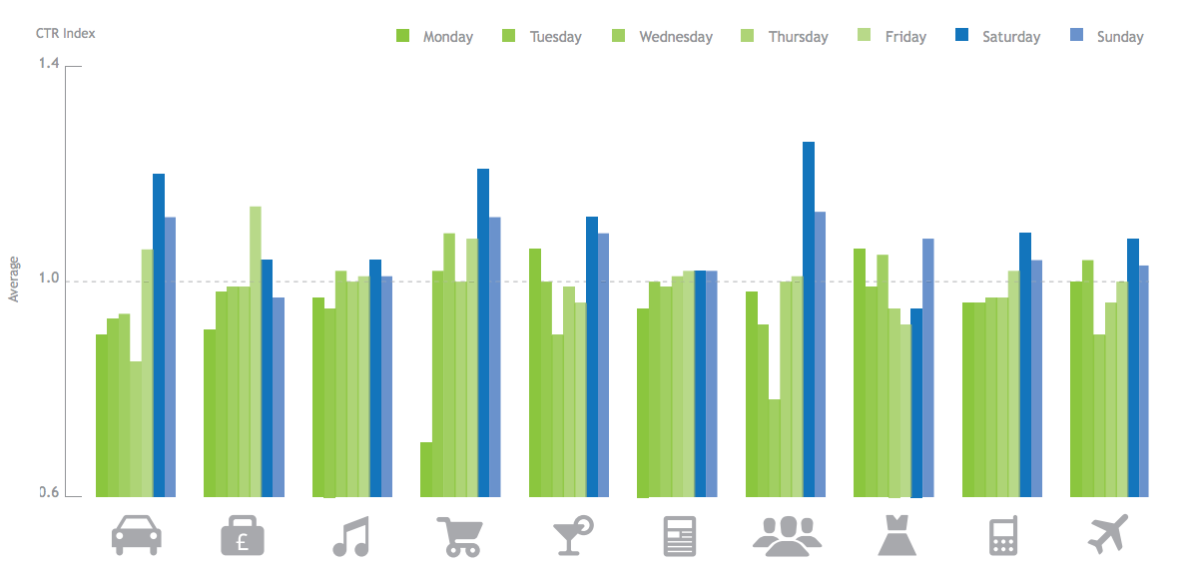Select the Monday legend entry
[434, 37]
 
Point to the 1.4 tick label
[49, 64]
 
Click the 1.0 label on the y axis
[49, 281]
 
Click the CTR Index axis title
[66, 33]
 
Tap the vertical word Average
[14, 280]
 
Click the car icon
[136, 535]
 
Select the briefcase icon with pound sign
[244, 536]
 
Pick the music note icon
[350, 536]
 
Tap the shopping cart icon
[459, 536]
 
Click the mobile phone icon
[1001, 536]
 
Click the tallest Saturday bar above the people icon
[809, 319]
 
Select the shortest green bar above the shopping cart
[426, 469]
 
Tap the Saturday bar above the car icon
[159, 335]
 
